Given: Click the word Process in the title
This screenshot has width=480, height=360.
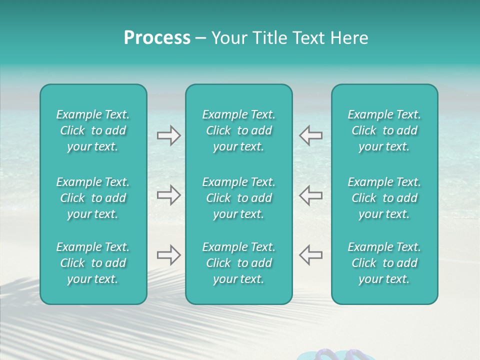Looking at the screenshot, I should [x=157, y=38].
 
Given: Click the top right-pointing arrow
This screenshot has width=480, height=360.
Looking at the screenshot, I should [x=168, y=135].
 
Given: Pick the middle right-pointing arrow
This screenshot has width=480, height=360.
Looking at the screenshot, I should [x=168, y=195].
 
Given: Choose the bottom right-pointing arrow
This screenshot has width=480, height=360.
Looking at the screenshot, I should [x=168, y=255].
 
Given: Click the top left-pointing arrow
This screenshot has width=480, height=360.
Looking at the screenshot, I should [x=310, y=135].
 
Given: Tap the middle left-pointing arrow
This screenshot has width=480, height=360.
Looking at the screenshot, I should [x=310, y=195].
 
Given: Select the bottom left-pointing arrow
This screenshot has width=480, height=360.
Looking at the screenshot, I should [x=310, y=255].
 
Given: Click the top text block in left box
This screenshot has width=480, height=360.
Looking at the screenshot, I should [x=93, y=130].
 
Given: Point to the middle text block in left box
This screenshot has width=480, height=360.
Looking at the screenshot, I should [x=93, y=198].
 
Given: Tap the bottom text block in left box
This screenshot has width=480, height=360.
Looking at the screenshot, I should [x=93, y=263].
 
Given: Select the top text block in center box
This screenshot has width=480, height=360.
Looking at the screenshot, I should [x=238, y=130].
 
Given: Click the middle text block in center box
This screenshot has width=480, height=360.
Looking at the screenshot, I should [x=238, y=198].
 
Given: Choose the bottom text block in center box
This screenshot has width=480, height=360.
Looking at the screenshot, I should [x=238, y=263].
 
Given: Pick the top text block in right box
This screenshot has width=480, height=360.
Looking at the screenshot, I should [x=384, y=130].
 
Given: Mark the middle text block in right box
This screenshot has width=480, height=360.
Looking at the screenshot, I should [x=384, y=198].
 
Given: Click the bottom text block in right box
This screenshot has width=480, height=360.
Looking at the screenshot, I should [x=384, y=263].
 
